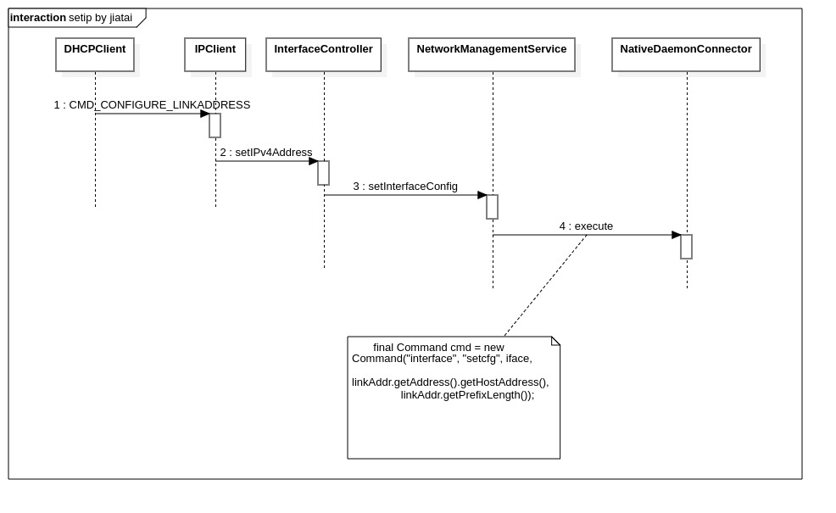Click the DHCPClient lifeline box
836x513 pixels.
pyautogui.click(x=95, y=54)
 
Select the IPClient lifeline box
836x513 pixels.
pyautogui.click(x=215, y=54)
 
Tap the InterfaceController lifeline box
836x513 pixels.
pyautogui.click(x=323, y=54)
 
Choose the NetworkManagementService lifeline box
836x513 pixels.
pyautogui.click(x=492, y=54)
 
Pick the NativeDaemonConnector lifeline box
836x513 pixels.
pyautogui.click(x=686, y=54)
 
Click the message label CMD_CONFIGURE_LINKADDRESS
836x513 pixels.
pyautogui.click(x=159, y=105)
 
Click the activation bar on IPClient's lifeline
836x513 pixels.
pyautogui.click(x=215, y=125)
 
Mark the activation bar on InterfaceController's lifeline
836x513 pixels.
pyautogui.click(x=324, y=173)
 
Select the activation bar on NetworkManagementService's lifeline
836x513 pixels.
pyautogui.click(x=493, y=207)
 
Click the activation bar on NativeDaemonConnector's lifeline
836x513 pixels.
pyautogui.click(x=687, y=247)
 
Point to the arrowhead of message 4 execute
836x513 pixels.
pyautogui.click(x=677, y=235)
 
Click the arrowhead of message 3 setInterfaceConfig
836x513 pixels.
pyautogui.click(x=482, y=195)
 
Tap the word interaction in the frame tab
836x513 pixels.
pyautogui.click(x=38, y=18)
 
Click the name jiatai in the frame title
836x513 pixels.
pyautogui.click(x=120, y=18)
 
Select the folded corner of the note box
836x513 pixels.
pyautogui.click(x=556, y=340)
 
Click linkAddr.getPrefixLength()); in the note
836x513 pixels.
pyautogui.click(x=467, y=395)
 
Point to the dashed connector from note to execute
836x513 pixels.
pyautogui.click(x=545, y=286)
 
